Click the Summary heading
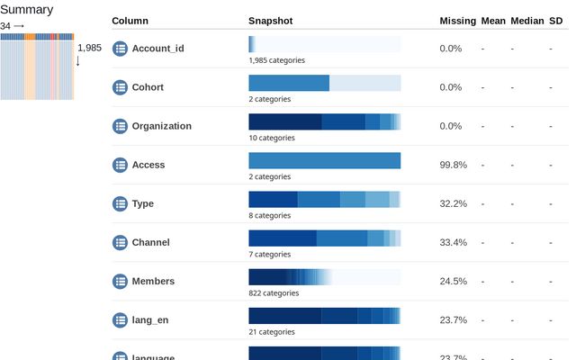coord(27,10)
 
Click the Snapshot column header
coord(270,21)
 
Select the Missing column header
coord(457,21)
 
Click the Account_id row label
coord(157,49)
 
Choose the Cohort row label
coord(148,87)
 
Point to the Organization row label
coord(161,126)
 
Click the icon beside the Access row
coord(120,165)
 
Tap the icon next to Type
coord(120,203)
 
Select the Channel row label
coord(150,242)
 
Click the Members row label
coord(153,281)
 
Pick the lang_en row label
coord(151,319)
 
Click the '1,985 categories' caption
coord(276,60)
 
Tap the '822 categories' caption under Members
coord(274,292)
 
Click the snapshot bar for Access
coord(324,160)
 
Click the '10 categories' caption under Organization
coord(271,138)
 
